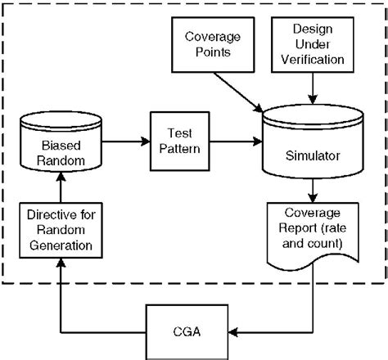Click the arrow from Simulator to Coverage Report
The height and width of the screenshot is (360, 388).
[311, 191]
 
